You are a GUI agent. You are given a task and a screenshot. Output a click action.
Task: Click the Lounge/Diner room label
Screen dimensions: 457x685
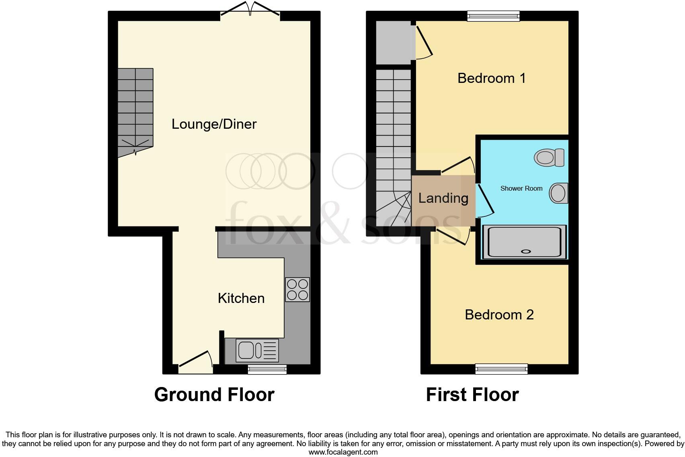click(214, 124)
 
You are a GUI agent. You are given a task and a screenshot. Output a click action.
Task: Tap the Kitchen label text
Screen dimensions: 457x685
click(241, 298)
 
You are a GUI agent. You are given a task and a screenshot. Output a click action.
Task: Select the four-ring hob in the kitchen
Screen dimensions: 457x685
click(297, 290)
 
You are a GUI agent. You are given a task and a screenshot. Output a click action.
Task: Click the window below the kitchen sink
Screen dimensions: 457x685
click(267, 369)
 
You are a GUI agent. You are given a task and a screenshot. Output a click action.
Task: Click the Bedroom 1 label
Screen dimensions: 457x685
click(491, 78)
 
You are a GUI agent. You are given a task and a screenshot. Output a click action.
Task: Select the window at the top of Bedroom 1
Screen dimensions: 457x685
click(493, 16)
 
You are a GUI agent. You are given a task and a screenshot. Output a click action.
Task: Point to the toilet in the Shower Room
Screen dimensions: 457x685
click(550, 157)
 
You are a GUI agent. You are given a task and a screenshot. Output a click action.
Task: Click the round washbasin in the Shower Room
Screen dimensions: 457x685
click(558, 193)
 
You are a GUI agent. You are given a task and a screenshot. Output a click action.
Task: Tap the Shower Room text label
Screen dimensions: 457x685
click(521, 188)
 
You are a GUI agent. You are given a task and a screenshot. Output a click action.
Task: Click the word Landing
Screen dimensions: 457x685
click(443, 198)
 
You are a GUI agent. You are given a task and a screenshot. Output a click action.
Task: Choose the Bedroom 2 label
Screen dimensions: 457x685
click(499, 315)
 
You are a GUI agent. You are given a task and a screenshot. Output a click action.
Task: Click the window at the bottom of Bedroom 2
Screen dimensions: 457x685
click(501, 368)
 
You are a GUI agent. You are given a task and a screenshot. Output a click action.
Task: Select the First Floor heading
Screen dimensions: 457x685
click(472, 395)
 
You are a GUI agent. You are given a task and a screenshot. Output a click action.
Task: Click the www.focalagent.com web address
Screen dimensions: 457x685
click(343, 452)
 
